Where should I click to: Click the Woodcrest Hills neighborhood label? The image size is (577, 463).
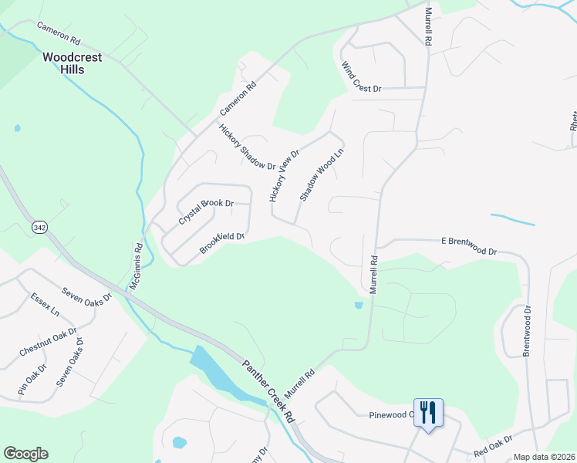click(x=63, y=63)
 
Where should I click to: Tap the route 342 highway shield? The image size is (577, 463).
click(x=40, y=228)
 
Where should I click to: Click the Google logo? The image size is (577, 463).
click(x=25, y=454)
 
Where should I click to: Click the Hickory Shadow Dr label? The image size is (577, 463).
click(x=247, y=147)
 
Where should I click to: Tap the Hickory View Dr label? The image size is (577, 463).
click(x=284, y=176)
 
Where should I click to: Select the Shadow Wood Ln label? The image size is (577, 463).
click(x=321, y=174)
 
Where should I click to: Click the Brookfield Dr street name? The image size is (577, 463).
click(x=222, y=243)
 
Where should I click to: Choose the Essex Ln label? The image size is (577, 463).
click(x=45, y=305)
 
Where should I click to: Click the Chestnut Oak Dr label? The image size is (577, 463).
click(x=49, y=343)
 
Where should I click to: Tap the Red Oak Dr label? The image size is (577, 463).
click(x=494, y=445)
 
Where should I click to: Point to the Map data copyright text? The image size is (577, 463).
click(x=543, y=457)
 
